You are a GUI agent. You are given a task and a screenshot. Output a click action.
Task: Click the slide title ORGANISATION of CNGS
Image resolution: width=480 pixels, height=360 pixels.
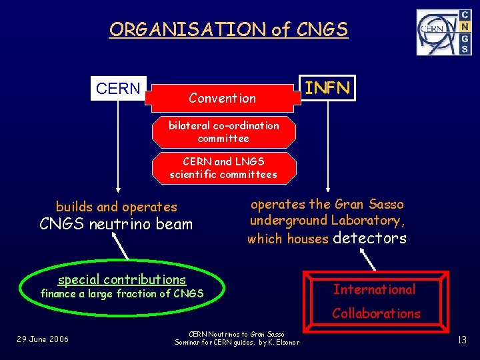229,29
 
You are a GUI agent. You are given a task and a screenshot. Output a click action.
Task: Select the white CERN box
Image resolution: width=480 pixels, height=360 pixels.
118,89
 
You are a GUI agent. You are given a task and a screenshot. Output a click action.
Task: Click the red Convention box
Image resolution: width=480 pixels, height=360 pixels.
222,98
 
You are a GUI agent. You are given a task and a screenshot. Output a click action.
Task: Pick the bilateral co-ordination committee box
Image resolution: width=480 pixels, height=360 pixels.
223,132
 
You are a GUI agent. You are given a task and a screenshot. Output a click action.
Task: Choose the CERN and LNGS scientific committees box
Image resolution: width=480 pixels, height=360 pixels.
223,168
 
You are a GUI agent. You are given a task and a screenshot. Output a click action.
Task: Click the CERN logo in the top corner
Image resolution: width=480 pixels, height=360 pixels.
443,32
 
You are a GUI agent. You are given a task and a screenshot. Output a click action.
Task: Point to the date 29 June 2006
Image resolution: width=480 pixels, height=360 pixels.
43,339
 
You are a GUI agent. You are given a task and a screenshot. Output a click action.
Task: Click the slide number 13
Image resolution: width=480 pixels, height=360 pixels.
462,340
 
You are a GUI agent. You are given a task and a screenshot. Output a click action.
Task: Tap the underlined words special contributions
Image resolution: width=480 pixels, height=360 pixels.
122,279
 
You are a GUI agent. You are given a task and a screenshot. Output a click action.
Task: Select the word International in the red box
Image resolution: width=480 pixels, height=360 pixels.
374,289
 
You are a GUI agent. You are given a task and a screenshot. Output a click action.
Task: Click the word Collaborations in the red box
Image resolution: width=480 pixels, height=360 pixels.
376,313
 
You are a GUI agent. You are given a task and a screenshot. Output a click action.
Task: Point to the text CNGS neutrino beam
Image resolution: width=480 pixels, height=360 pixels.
116,224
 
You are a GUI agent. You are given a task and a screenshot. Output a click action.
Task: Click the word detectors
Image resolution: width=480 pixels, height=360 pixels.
369,238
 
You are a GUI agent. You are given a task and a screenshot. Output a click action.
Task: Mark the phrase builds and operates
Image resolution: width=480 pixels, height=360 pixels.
117,207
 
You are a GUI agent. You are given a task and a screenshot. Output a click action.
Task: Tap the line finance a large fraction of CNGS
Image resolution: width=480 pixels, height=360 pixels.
122,293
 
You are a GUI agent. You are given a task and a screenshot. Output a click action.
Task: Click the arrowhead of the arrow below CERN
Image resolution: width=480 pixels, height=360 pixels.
119,190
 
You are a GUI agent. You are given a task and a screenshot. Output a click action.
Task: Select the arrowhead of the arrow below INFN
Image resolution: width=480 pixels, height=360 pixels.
327,190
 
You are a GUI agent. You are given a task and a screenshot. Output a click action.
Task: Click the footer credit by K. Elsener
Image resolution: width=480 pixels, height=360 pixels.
276,343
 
